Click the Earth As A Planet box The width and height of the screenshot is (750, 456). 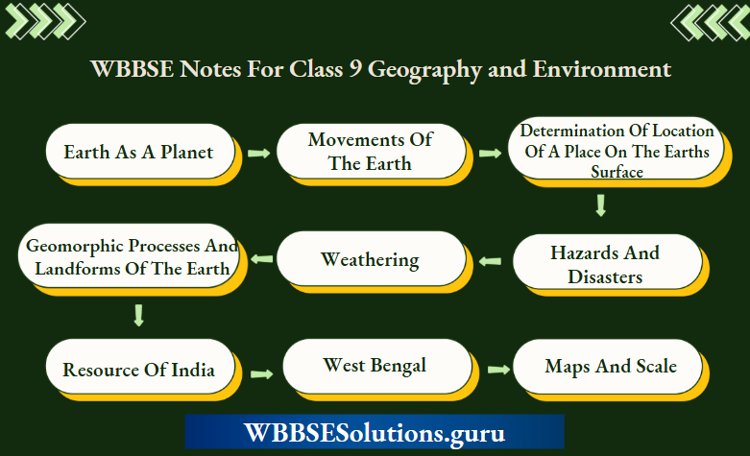pos(138,152)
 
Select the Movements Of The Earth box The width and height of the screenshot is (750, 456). pos(371,152)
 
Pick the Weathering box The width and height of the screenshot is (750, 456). pos(371,259)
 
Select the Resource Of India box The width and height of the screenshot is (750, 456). pos(138,370)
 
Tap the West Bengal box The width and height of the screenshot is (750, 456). pos(375,366)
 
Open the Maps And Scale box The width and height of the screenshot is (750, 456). pos(611,366)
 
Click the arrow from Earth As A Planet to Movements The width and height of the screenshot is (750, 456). pos(257,153)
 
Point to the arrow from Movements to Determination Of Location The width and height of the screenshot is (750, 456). pos(491,153)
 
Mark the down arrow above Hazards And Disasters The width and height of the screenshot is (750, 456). pos(601,204)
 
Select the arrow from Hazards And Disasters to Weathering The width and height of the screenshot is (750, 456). pos(490,259)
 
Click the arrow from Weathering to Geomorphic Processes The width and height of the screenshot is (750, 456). pos(260,258)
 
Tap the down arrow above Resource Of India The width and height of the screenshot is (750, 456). pos(138,315)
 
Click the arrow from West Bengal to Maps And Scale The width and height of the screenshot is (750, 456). pos(496,369)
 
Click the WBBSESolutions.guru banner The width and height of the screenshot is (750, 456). pos(375,432)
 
